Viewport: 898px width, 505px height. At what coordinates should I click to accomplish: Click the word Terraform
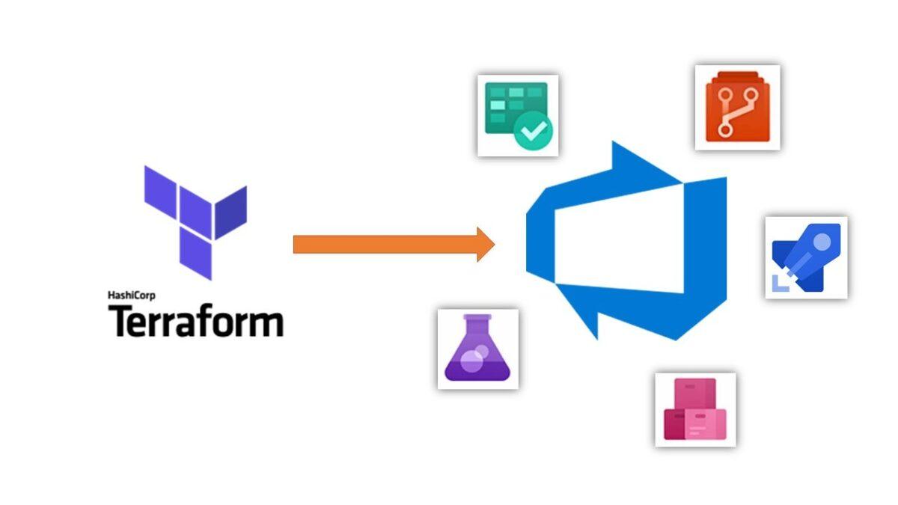coord(196,320)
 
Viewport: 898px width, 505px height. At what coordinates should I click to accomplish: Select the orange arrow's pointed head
coord(486,244)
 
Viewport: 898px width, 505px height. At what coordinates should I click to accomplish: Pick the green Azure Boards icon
coord(518,115)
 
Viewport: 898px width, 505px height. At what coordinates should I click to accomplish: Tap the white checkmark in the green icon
coord(536,132)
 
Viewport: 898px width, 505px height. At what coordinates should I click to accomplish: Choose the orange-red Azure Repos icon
coord(737,107)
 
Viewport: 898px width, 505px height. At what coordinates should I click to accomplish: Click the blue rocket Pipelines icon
coord(806,257)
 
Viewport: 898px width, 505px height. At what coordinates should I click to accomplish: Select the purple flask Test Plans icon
coord(477,349)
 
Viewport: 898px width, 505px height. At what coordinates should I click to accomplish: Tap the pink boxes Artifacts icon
coord(695,409)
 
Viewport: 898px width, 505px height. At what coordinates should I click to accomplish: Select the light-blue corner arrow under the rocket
coord(781,280)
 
